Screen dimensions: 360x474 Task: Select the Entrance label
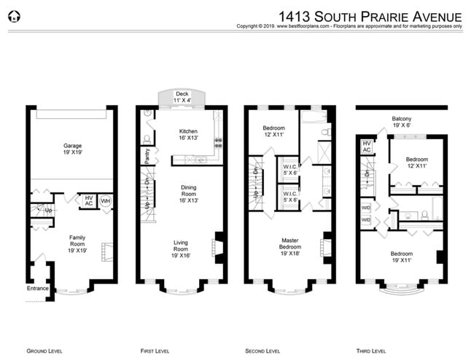tap(37, 289)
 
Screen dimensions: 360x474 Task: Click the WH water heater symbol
tap(105, 200)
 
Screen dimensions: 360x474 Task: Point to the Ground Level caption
tap(44, 351)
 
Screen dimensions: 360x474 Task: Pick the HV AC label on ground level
tap(89, 200)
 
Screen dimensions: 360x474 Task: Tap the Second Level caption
tap(263, 351)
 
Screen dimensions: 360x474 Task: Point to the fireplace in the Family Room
tap(106, 251)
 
